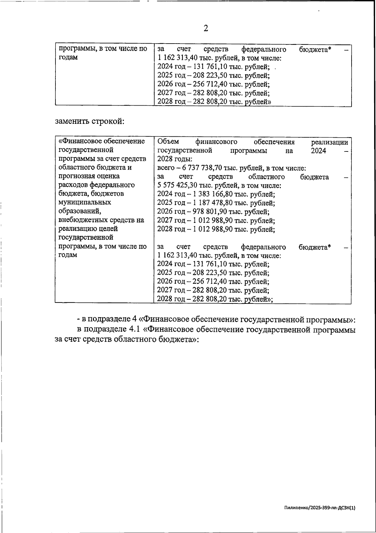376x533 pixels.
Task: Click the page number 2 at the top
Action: [x=206, y=29]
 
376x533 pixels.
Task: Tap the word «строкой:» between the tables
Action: [x=108, y=121]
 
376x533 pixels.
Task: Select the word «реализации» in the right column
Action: [x=329, y=142]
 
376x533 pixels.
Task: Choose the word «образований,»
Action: [x=80, y=211]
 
